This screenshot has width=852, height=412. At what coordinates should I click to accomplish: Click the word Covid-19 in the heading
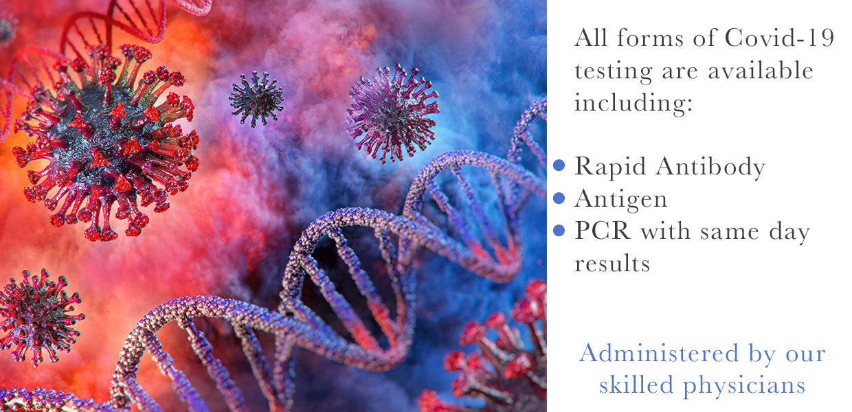click(x=779, y=38)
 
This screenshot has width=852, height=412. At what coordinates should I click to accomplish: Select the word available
click(x=761, y=70)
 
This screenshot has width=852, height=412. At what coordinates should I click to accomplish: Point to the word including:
click(x=634, y=103)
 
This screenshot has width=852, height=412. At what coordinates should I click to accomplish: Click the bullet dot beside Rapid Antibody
click(x=559, y=165)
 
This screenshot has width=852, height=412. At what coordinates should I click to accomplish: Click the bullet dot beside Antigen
click(x=559, y=198)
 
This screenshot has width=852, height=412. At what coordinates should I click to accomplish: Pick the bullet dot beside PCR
click(x=559, y=230)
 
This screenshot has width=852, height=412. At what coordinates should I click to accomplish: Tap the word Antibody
click(x=710, y=168)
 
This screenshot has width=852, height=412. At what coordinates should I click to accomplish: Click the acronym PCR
click(x=603, y=231)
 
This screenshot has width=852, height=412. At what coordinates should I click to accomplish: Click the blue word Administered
click(x=659, y=353)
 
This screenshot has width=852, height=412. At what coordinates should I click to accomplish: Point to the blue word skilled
click(x=636, y=385)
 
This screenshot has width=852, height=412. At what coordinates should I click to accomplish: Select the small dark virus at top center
click(x=256, y=99)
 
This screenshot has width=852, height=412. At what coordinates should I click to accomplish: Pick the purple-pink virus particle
click(x=392, y=113)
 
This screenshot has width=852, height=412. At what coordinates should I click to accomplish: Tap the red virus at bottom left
click(x=38, y=317)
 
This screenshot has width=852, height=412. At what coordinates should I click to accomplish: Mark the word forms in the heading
click(x=650, y=38)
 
